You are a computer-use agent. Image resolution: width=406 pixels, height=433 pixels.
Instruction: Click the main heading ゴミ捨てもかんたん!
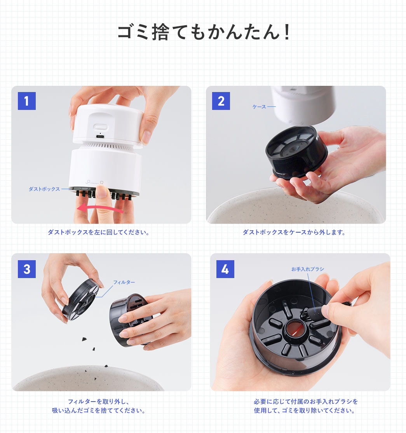204,33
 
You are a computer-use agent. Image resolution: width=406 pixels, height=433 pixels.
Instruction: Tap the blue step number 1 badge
27,101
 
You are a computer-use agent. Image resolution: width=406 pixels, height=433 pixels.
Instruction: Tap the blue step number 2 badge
221,101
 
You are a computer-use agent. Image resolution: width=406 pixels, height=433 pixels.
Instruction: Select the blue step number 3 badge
27,269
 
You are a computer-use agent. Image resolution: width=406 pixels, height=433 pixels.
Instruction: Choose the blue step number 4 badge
225,269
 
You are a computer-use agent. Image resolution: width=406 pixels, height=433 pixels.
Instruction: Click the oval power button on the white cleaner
101,127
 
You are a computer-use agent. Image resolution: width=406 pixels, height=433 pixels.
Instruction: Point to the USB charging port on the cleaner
101,137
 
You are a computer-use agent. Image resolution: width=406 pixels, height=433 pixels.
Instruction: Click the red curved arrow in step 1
101,209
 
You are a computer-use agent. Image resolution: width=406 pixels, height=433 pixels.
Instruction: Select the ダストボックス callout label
44,189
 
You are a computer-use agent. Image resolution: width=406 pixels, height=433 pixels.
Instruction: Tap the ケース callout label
259,106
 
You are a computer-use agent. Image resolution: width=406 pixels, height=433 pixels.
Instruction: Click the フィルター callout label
124,282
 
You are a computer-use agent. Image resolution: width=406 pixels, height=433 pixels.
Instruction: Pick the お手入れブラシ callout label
307,269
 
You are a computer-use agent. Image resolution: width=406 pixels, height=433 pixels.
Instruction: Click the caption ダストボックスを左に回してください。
99,232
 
